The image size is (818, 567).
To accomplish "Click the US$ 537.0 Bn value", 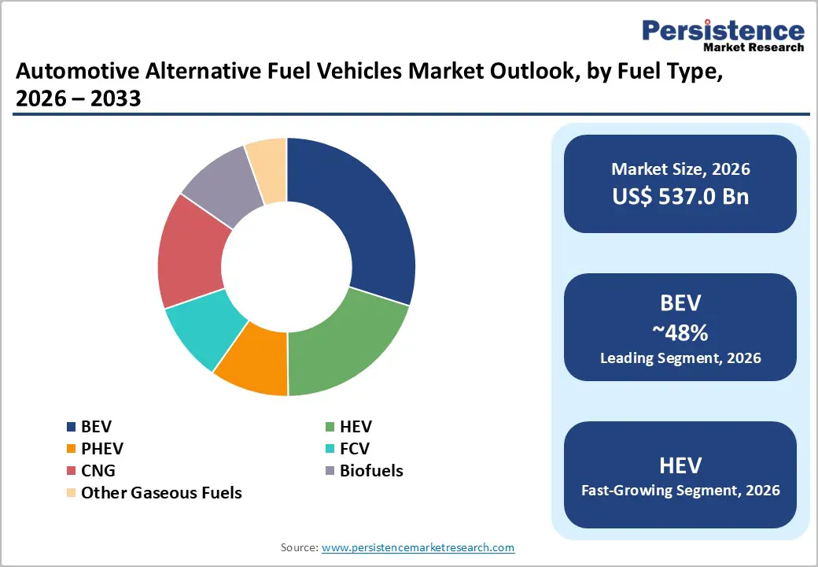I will (680, 196).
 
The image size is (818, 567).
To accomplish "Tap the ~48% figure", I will (680, 332).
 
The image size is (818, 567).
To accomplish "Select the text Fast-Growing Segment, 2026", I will (680, 491).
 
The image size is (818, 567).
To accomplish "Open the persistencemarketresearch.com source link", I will (418, 547).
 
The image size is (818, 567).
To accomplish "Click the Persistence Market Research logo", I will (723, 35).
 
